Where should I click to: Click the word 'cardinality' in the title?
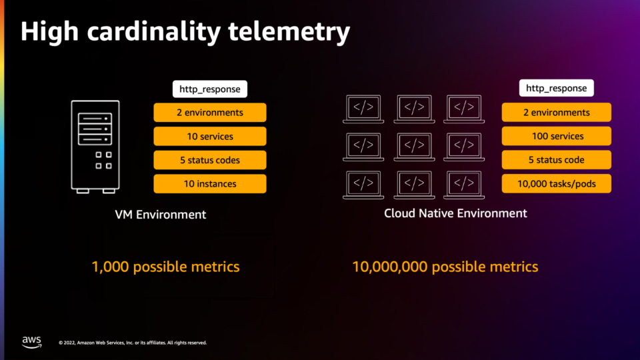coord(153,32)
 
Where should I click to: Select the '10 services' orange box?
coord(210,136)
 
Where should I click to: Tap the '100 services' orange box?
coord(556,136)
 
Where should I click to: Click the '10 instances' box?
coord(210,184)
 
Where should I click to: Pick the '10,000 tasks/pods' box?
coord(556,184)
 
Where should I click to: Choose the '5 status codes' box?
coord(210,160)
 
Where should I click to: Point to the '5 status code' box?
coord(556,159)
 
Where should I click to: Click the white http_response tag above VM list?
coord(210,89)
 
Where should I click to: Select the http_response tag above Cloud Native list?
coord(556,88)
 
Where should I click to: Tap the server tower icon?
coord(95,147)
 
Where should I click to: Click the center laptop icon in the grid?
coord(414,147)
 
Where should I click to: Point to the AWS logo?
coord(32,342)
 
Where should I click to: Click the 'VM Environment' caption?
coord(161,215)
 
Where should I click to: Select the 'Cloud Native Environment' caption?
coord(455,213)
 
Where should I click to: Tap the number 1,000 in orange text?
coord(110,267)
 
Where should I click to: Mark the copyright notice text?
coord(133,343)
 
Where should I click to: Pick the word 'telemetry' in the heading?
coord(289,32)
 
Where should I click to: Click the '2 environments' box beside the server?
coord(210,113)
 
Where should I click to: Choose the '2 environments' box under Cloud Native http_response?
coord(556,112)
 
